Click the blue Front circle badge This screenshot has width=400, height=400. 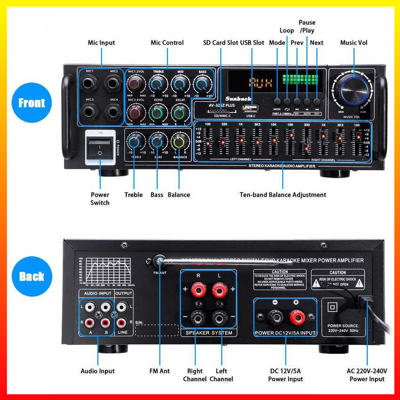pyautogui.click(x=32, y=103)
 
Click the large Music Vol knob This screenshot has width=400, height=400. pyautogui.click(x=352, y=89)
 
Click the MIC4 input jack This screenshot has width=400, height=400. pyautogui.click(x=113, y=112)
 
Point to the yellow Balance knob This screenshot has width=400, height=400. pyautogui.click(x=179, y=141)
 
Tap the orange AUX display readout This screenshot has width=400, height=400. pyautogui.click(x=260, y=83)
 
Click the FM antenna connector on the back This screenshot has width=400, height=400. pyautogui.click(x=160, y=261)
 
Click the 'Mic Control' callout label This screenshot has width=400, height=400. pyautogui.click(x=167, y=43)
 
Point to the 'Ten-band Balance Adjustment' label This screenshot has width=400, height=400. pyautogui.click(x=283, y=195)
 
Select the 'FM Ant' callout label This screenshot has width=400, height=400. pyautogui.click(x=160, y=371)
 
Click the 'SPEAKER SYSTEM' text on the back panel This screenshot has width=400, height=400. pyautogui.click(x=209, y=333)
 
